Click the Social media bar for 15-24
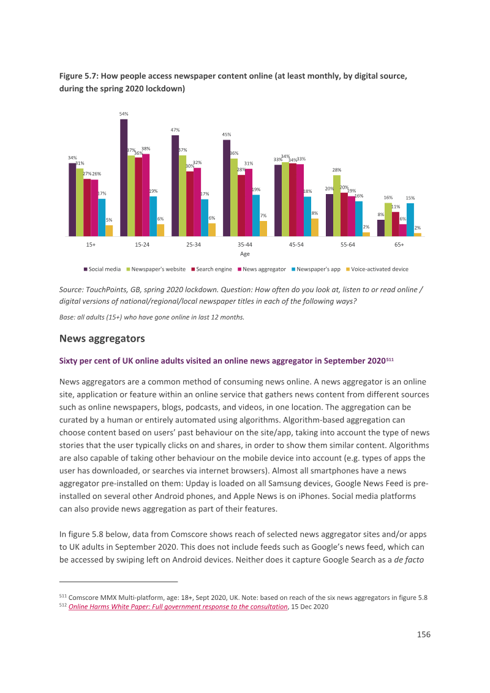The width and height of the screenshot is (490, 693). (124, 178)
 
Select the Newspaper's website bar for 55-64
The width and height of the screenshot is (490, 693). (337, 206)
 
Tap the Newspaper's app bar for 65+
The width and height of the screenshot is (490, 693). (410, 220)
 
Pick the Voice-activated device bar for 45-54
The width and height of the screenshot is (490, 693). (315, 228)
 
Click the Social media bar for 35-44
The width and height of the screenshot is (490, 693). (227, 189)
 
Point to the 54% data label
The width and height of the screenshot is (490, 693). (124, 114)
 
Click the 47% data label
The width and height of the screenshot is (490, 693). (175, 130)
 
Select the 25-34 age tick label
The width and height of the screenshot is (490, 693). (194, 244)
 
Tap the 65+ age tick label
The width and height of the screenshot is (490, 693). (399, 244)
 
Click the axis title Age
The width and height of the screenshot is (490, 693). (244, 253)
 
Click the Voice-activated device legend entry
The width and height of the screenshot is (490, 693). (377, 269)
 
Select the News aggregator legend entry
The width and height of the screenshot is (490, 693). (262, 269)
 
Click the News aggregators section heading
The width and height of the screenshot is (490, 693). (102, 339)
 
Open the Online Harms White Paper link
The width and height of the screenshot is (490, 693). (178, 607)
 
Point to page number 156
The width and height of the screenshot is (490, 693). (424, 634)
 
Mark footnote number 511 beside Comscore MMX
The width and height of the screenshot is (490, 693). (63, 596)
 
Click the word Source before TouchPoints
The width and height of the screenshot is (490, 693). (71, 290)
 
